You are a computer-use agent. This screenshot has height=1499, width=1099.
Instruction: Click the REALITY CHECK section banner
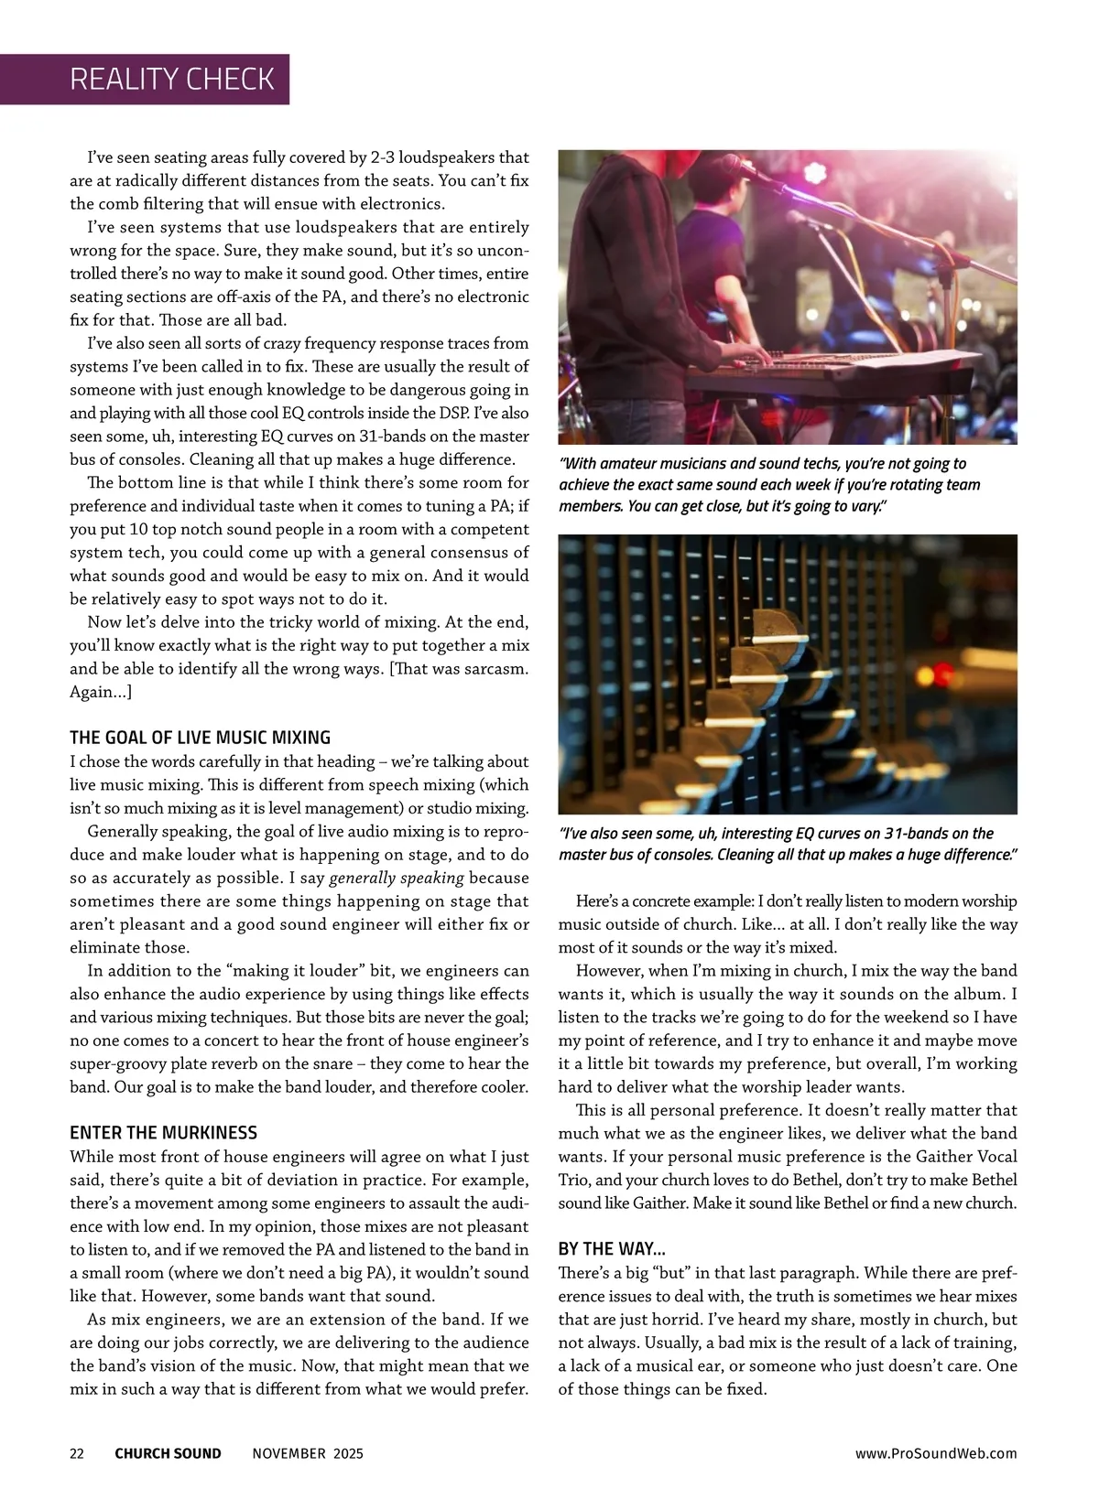[171, 80]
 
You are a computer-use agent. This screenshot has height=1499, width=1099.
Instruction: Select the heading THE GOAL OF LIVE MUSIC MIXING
[200, 738]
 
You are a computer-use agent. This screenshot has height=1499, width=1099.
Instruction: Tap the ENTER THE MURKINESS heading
[163, 1133]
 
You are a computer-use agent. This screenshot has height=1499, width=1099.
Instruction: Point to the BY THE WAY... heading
[612, 1249]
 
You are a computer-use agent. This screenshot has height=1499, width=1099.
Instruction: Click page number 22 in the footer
[77, 1453]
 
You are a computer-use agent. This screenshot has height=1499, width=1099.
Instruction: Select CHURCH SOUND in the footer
[168, 1453]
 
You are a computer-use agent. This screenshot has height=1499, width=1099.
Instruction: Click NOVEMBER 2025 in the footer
[307, 1453]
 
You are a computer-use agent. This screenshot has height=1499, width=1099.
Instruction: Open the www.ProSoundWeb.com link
[935, 1453]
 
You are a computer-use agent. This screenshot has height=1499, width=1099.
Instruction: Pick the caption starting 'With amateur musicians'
[769, 485]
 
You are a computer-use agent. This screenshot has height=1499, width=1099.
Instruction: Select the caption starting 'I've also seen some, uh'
[788, 844]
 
